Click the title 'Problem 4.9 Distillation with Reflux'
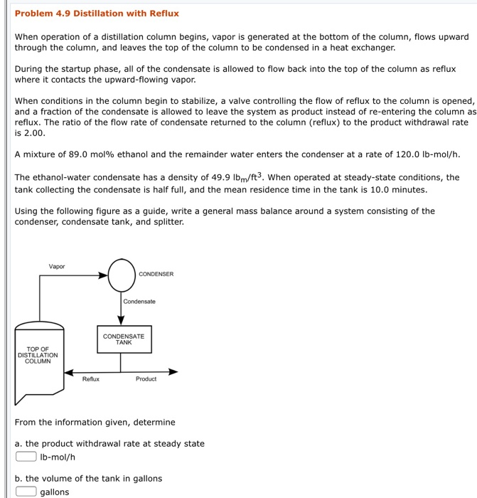97,14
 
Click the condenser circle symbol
122,274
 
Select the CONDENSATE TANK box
124,339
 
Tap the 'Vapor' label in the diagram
57,267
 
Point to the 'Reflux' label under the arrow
91,379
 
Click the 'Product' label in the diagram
146,379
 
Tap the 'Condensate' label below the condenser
139,302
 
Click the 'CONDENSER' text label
156,274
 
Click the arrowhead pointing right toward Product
173,371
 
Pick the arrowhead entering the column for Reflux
68,371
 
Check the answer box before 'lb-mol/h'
26,457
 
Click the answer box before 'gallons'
26,492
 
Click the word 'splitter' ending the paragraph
167,222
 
